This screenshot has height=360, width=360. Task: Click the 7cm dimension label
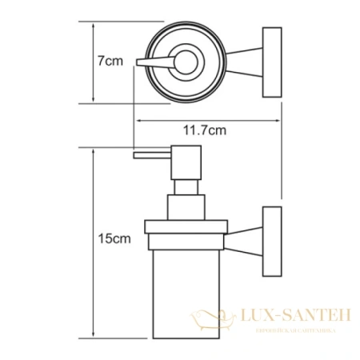click(x=109, y=61)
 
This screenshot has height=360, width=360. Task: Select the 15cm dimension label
click(x=109, y=238)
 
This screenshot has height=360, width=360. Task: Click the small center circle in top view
click(x=183, y=61)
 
